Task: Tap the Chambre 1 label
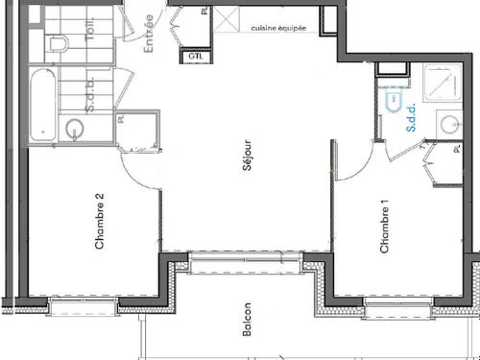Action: (x=385, y=227)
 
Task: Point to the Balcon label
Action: (x=247, y=318)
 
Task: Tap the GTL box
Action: (x=196, y=57)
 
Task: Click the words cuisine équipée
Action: (x=278, y=29)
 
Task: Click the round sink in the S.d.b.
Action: (x=74, y=128)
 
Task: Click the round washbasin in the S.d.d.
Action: (x=448, y=123)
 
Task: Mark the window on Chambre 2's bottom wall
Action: (x=83, y=305)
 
